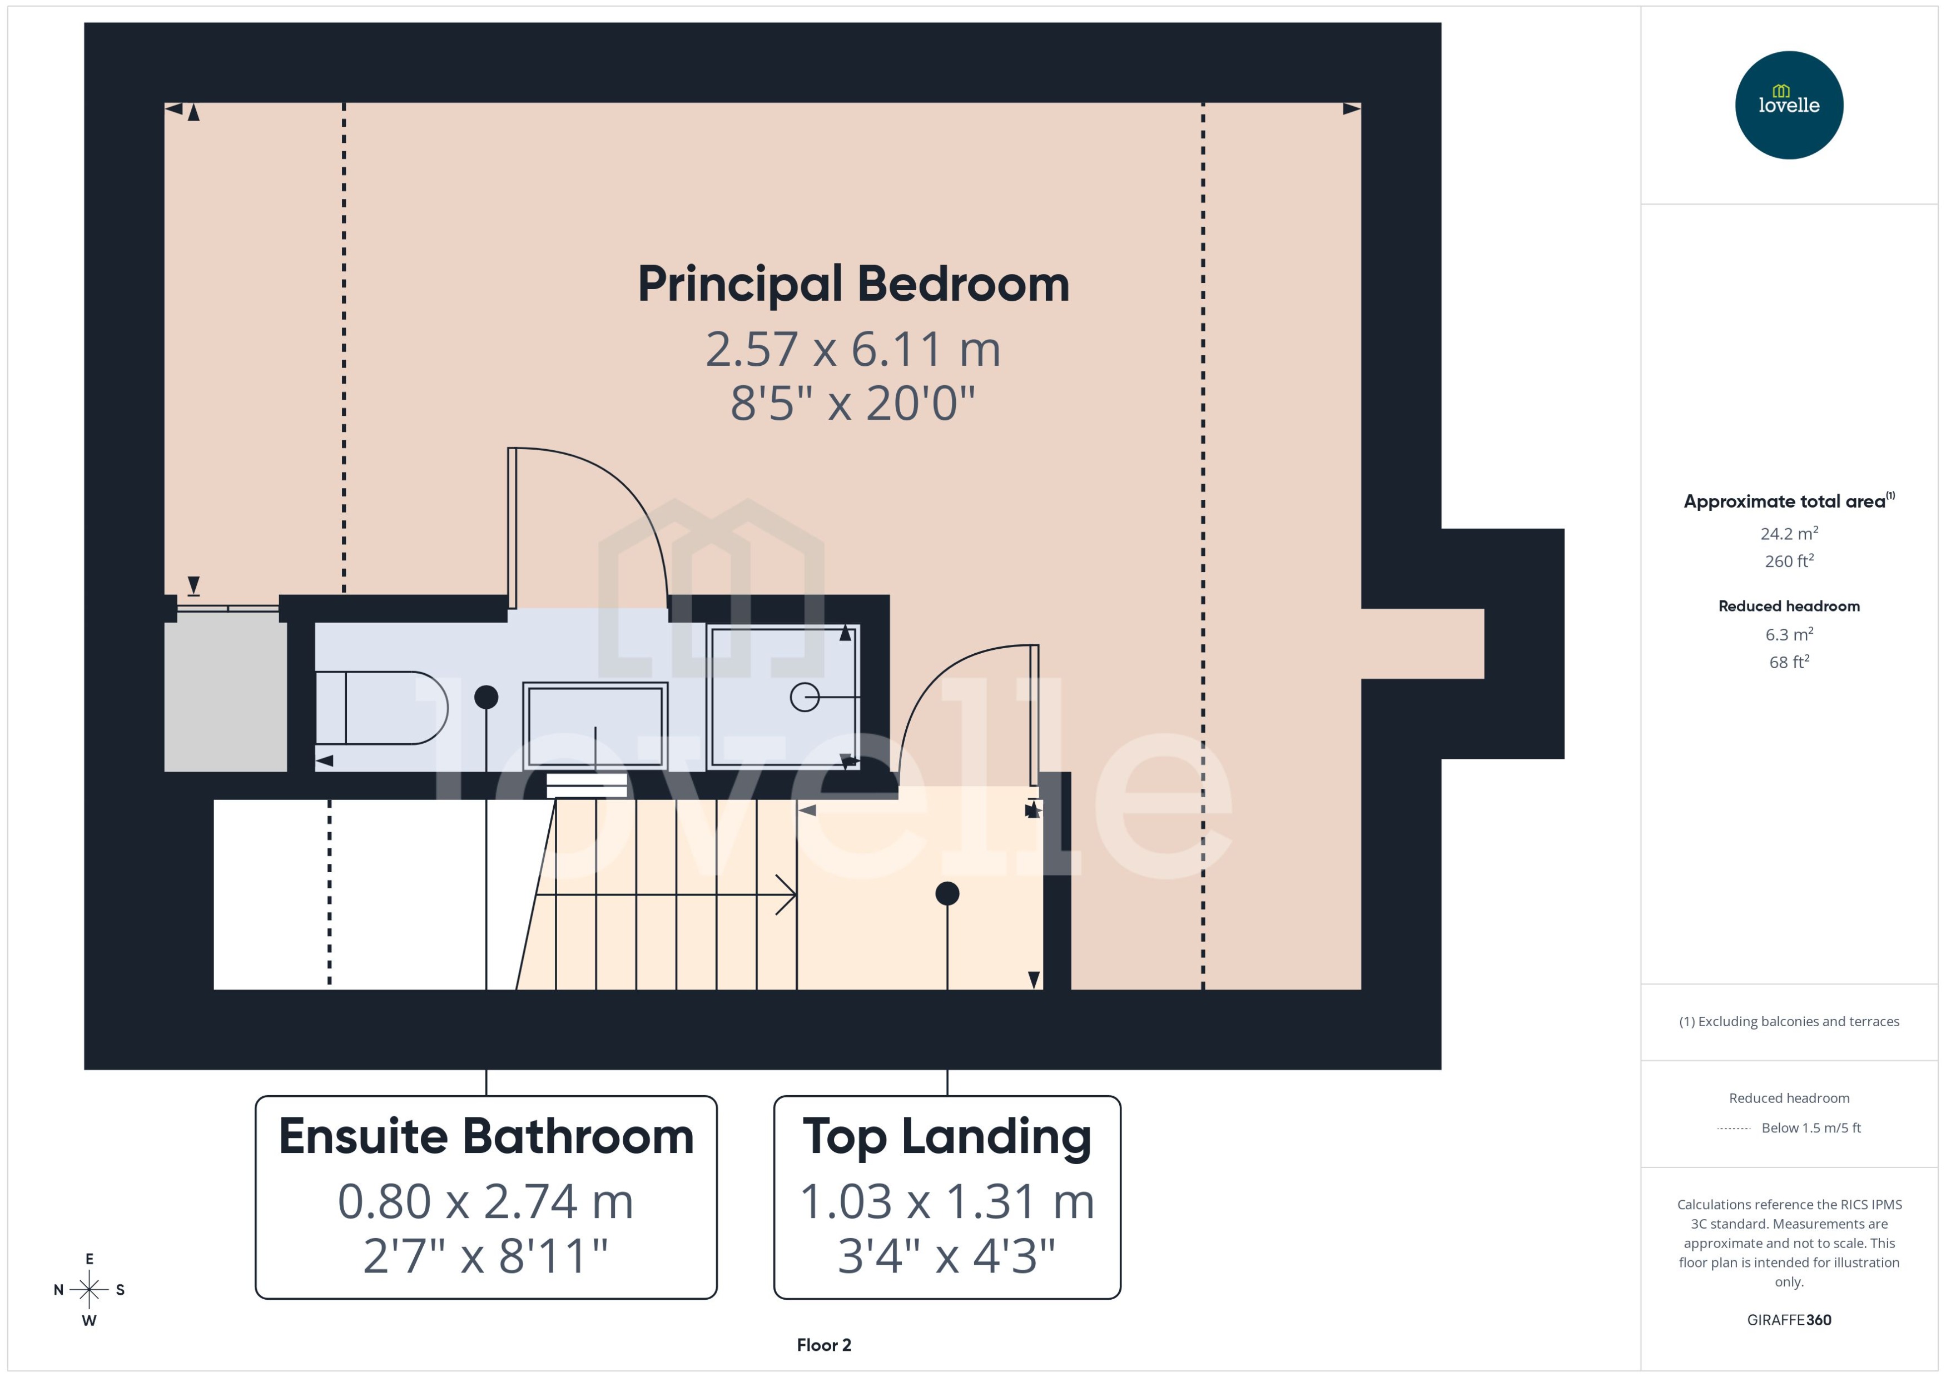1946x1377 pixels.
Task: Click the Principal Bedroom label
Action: (853, 284)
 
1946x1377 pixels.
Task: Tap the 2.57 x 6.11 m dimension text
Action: (853, 349)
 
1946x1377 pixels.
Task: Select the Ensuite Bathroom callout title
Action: (486, 1136)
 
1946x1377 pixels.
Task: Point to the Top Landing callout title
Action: (946, 1136)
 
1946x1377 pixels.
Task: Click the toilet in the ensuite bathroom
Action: (381, 708)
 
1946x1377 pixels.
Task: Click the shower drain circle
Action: (804, 697)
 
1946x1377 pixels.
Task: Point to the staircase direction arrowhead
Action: (787, 894)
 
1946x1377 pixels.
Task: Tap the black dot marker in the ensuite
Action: (486, 697)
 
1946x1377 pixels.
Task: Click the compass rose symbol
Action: (89, 1290)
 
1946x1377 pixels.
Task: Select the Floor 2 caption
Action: (823, 1345)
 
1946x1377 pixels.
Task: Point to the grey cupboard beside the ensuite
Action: (226, 696)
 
